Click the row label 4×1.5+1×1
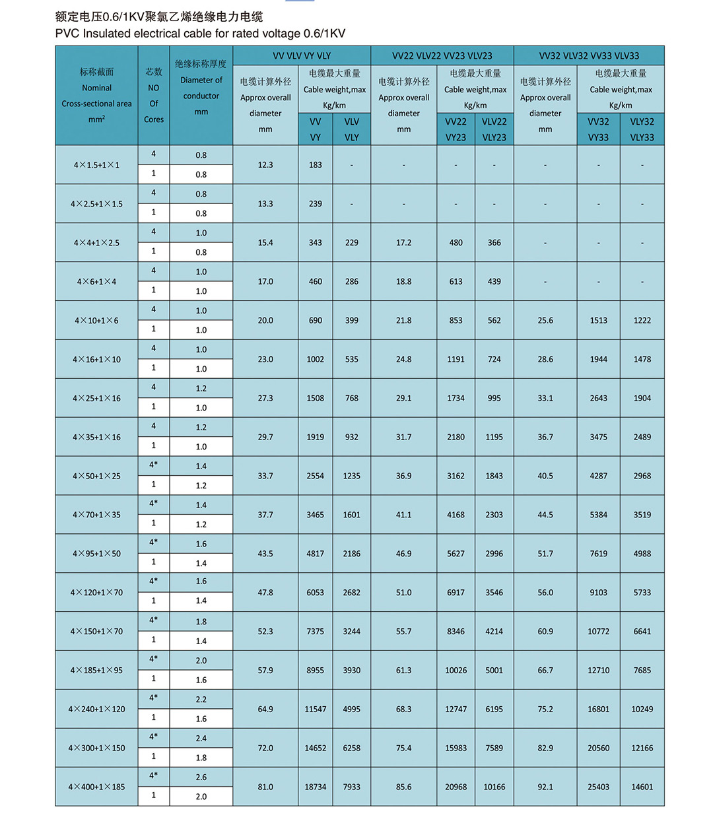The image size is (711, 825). (x=96, y=165)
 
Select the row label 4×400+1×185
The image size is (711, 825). (x=96, y=787)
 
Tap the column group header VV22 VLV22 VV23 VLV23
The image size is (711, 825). (x=442, y=56)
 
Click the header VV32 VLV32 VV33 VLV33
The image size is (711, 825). (x=589, y=56)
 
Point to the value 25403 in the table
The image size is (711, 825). (x=598, y=787)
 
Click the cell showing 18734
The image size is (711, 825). (x=315, y=787)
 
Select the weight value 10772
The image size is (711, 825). (x=598, y=632)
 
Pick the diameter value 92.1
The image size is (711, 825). (x=545, y=787)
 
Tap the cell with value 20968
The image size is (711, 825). (x=456, y=787)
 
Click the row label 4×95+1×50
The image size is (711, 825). (x=96, y=554)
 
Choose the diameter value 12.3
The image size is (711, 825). (x=265, y=165)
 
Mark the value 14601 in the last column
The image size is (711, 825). (x=642, y=787)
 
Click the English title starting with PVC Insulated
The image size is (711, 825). (x=200, y=34)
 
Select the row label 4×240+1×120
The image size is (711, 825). (x=96, y=709)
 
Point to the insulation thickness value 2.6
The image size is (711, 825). (x=201, y=777)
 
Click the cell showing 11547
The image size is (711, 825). (x=315, y=709)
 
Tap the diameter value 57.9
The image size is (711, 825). (x=265, y=671)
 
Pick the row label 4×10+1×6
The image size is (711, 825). (x=96, y=321)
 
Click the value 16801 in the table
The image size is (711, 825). (x=598, y=709)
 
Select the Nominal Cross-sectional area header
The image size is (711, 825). (x=96, y=96)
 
